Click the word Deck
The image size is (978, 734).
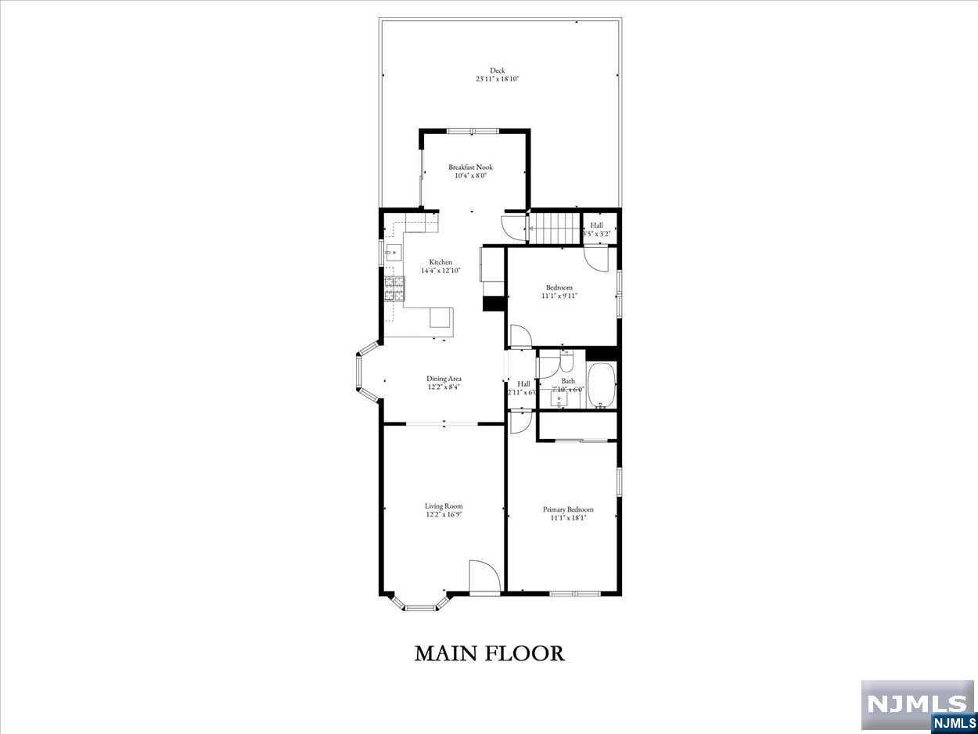coord(498,70)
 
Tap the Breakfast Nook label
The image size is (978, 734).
coord(470,167)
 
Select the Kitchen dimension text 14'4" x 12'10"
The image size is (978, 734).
coord(440,271)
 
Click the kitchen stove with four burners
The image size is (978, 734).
coord(394,289)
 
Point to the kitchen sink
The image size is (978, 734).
coord(394,252)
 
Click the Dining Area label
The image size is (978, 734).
coord(444,379)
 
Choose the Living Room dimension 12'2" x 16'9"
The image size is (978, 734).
coord(444,515)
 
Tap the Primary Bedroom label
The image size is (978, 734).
coord(568,509)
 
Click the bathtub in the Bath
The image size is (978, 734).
coord(602,386)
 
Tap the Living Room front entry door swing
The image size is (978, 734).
coord(483,577)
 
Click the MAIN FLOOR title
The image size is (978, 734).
coord(489,653)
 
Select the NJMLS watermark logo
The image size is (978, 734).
coord(917,704)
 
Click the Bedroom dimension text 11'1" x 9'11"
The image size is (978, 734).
coord(559,296)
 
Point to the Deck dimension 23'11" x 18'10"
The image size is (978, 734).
coord(498,79)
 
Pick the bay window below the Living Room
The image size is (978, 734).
coord(421,603)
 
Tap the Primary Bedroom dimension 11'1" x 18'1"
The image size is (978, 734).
coord(568,518)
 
